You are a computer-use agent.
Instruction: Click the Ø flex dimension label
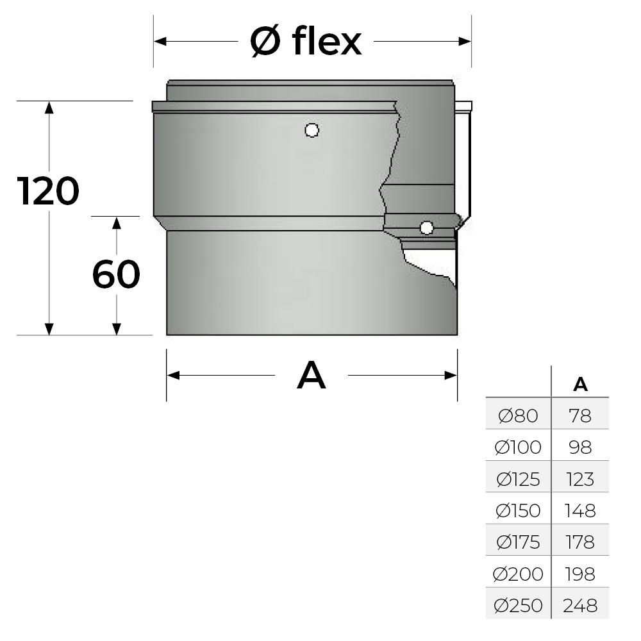(306, 42)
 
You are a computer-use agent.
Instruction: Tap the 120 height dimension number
(49, 191)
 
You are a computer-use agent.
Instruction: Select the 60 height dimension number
(116, 275)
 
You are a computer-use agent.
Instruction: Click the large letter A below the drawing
(312, 376)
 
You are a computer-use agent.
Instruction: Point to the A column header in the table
(580, 384)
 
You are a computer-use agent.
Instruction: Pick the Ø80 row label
(518, 417)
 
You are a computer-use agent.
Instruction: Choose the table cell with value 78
(580, 417)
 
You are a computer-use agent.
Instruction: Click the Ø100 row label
(518, 447)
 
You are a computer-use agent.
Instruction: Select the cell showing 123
(580, 479)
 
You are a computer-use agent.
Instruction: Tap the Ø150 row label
(518, 510)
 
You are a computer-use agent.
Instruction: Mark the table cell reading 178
(580, 542)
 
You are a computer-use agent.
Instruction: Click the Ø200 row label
(518, 573)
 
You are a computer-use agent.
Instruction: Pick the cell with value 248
(580, 604)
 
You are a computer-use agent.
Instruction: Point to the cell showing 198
(580, 573)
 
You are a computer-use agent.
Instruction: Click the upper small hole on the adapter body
(312, 131)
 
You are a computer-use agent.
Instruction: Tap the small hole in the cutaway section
(426, 227)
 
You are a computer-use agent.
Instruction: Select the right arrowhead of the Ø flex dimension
(466, 42)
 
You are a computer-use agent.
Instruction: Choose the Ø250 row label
(518, 604)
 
